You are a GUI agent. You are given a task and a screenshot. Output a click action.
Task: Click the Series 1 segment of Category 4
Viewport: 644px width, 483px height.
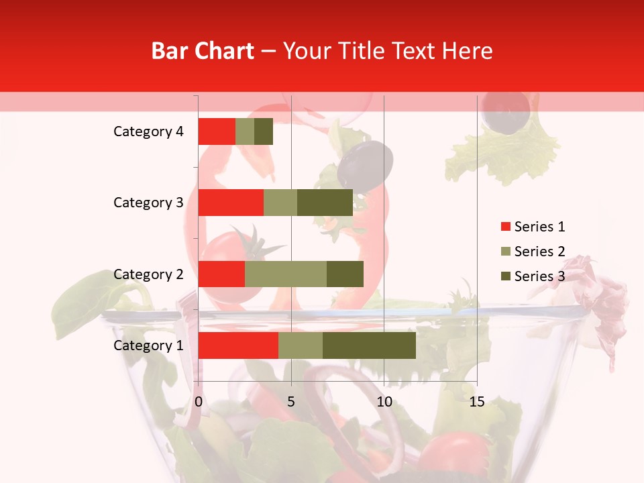(217, 131)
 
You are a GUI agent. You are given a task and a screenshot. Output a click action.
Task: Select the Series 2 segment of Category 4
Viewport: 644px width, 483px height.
(245, 131)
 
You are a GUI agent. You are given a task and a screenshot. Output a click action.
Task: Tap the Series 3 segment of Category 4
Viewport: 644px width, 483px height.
(264, 131)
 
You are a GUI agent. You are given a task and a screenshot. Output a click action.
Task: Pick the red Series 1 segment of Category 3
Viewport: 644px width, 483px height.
(231, 203)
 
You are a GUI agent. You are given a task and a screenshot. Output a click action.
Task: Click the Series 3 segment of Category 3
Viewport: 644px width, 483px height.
(325, 203)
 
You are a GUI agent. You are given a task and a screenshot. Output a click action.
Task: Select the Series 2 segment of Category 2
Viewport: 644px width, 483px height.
(286, 274)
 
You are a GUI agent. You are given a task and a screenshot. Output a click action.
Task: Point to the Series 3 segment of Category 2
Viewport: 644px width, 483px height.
(345, 274)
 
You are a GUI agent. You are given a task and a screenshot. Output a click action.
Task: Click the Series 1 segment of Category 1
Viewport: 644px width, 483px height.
(238, 345)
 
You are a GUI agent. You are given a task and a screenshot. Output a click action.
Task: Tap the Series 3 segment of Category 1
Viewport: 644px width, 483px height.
(369, 345)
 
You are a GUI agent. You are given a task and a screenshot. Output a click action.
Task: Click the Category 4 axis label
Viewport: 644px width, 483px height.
(148, 131)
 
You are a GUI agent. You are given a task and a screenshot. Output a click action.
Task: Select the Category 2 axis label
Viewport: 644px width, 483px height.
(148, 274)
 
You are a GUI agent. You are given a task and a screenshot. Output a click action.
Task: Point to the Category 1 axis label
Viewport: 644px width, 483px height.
(148, 345)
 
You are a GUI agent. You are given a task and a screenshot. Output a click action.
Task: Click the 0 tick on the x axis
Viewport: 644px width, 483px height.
(199, 402)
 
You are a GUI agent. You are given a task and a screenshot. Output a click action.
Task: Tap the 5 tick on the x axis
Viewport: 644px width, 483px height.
(291, 402)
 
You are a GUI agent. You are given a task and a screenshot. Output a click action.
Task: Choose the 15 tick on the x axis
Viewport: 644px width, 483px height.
(476, 402)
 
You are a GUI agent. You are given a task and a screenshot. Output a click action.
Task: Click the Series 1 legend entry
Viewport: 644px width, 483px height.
(533, 227)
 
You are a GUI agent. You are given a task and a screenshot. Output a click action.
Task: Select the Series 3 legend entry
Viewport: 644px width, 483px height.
(533, 276)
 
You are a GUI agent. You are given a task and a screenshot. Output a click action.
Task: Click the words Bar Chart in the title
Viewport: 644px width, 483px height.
(203, 51)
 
